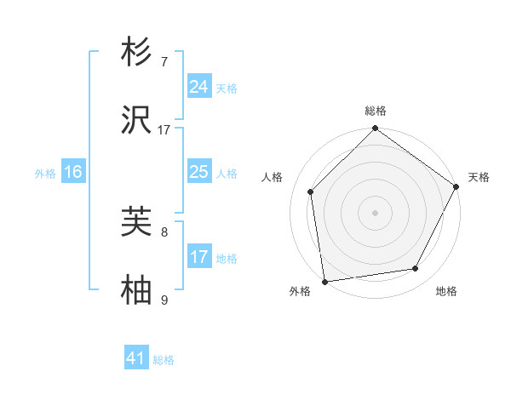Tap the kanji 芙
137,222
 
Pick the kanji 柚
137,292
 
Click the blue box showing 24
199,87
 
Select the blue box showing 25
199,173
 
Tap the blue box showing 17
199,257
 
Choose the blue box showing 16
73,173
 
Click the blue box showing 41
136,358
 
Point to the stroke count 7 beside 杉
164,61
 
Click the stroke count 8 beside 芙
164,231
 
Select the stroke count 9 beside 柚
164,300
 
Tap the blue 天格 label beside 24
227,88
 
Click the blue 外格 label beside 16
45,174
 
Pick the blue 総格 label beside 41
164,359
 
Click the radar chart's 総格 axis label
376,111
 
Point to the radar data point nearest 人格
311,191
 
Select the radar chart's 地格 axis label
446,292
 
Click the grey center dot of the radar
375,213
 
